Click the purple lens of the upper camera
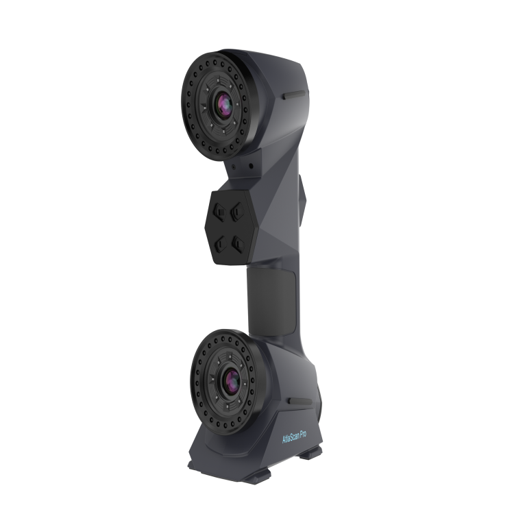coord(223,105)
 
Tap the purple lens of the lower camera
coord(229,380)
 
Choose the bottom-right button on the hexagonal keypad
coord(239,243)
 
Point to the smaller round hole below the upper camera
coord(235,165)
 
